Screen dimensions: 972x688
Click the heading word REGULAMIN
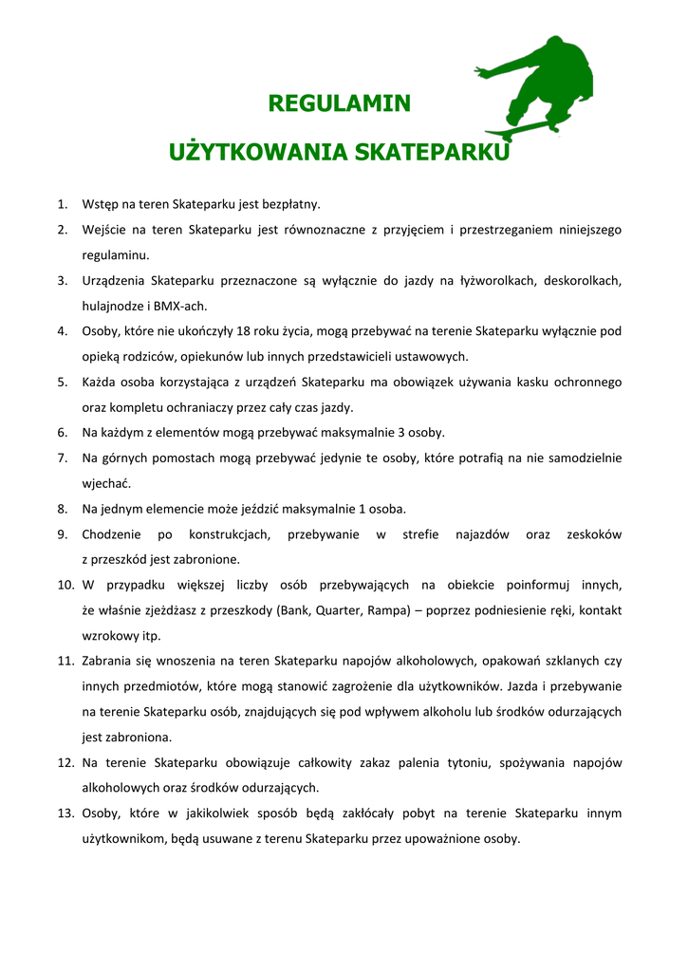339,103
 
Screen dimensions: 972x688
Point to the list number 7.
62,458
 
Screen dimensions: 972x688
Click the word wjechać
106,483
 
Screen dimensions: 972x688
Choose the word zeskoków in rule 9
593,534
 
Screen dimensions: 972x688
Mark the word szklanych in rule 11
558,661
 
